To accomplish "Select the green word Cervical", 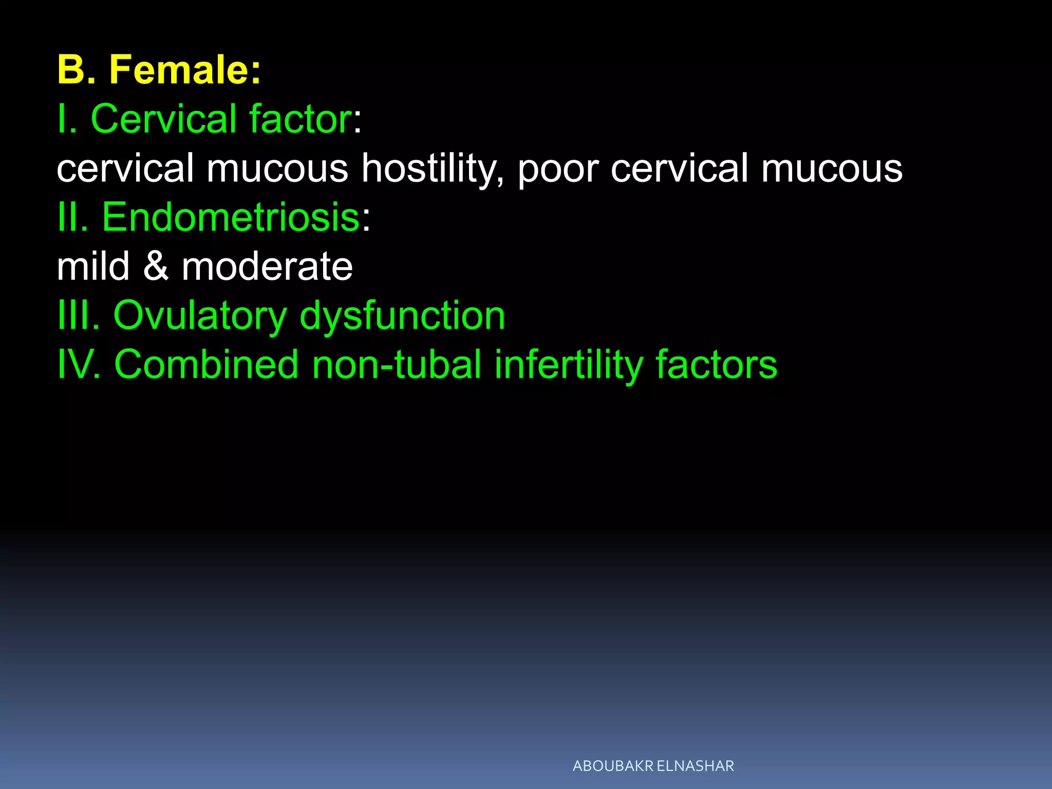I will pos(164,119).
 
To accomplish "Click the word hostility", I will pos(431,168).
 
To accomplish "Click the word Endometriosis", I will pos(231,217).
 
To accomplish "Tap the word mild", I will pos(93,266).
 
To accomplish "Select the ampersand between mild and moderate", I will pos(156,266).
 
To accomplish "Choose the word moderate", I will pos(267,266).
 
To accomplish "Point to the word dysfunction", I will pos(402,316).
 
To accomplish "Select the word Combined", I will pos(206,364).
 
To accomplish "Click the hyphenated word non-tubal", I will pos(397,364).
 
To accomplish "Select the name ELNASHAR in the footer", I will pos(696,766).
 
